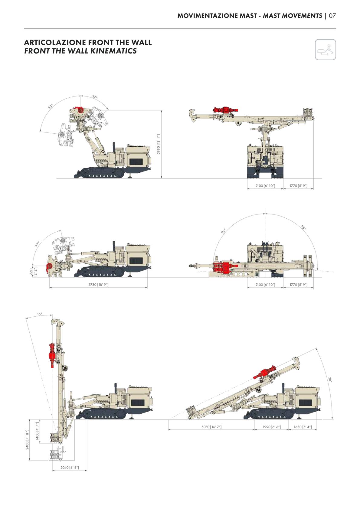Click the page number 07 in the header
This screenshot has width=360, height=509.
[x=332, y=16]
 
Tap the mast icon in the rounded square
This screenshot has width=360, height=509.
[x=325, y=50]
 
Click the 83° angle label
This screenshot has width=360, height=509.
[x=50, y=106]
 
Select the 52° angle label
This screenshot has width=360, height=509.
[x=95, y=96]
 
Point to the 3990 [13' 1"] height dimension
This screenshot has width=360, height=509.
[x=159, y=144]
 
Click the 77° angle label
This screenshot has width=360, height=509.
[x=37, y=244]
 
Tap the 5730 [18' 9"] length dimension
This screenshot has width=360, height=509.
[x=98, y=285]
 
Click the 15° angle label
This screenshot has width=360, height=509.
[x=40, y=314]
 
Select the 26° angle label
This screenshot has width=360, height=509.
[x=330, y=380]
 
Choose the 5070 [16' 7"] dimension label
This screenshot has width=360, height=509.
[x=211, y=427]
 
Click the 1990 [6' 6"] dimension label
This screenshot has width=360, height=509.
[x=272, y=427]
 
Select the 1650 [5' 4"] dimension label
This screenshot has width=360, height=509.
[x=303, y=427]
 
